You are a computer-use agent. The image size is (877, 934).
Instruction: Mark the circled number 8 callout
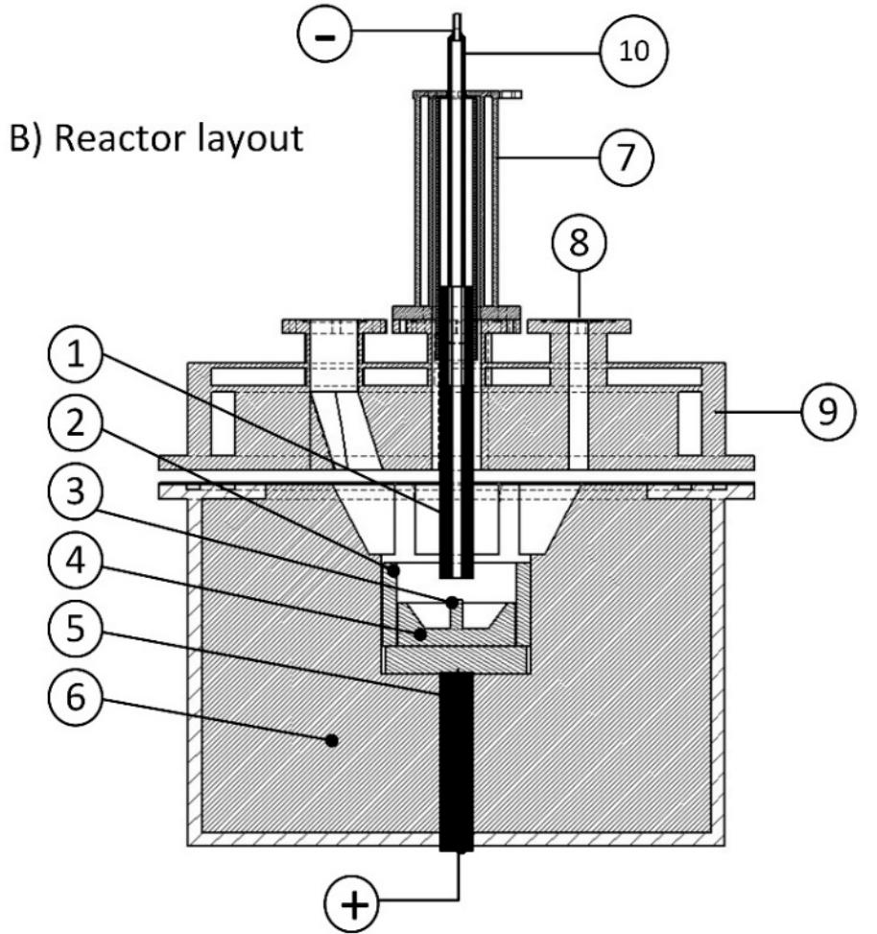(583, 245)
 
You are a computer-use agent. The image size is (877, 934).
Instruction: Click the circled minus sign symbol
(326, 36)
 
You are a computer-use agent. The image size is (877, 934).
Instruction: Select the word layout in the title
(255, 139)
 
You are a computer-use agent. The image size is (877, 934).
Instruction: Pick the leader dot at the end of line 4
(419, 635)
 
